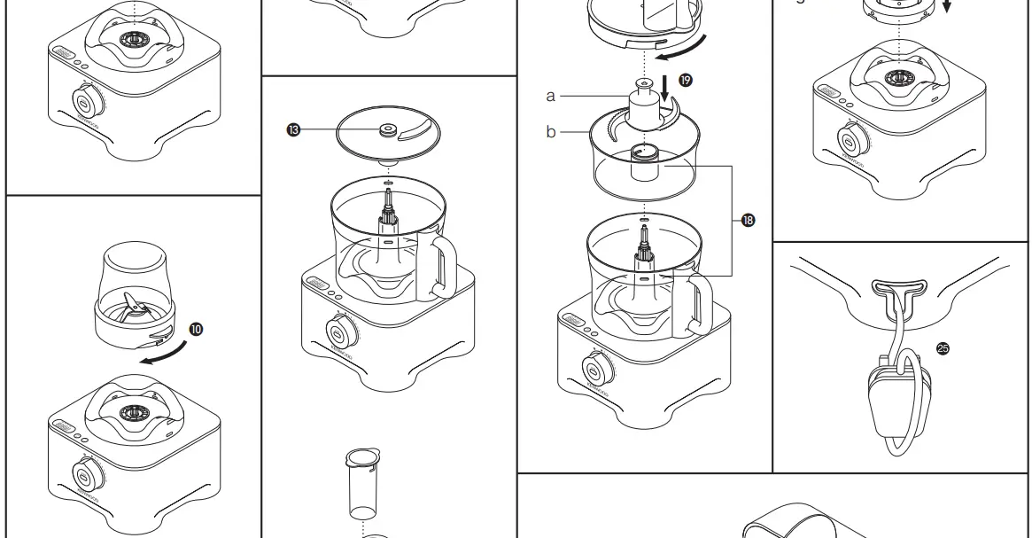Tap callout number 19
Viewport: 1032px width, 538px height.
[x=685, y=80]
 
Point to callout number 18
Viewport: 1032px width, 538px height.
[x=749, y=220]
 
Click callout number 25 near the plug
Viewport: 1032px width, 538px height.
[x=943, y=348]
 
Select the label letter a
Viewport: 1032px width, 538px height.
[x=550, y=95]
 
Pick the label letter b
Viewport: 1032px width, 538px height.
[x=550, y=133]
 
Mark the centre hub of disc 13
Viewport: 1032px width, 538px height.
[x=387, y=131]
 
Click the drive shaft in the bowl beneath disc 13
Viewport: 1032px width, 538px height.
[x=387, y=216]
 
